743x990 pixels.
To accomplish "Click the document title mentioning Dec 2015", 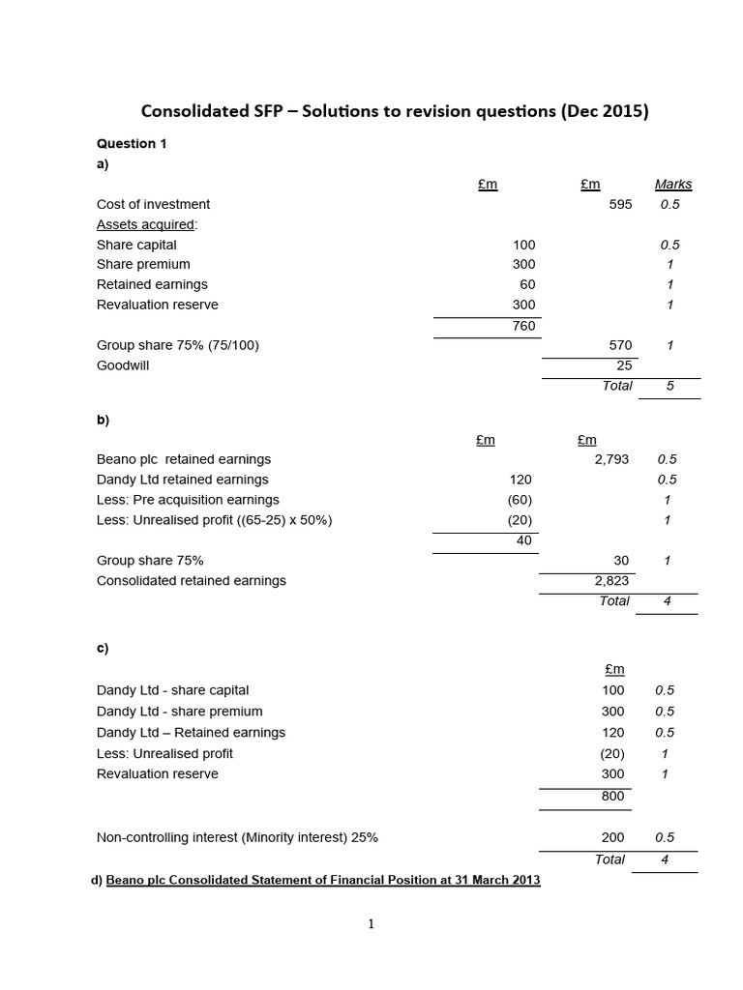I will [x=395, y=111].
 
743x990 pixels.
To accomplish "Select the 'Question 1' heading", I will [x=132, y=144].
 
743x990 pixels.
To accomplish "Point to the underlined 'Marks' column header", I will [x=673, y=184].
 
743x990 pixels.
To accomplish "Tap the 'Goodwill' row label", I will [x=123, y=365].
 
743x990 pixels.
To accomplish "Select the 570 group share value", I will [x=620, y=345].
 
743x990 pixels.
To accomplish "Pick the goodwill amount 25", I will [x=624, y=365].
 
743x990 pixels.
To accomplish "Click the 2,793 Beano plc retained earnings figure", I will [x=611, y=459].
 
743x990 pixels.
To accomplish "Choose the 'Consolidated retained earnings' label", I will [x=192, y=581].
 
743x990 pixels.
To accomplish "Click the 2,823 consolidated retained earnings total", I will [x=611, y=581].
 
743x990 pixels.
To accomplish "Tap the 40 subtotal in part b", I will [x=523, y=540].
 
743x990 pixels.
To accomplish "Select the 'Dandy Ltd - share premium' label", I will [x=180, y=712].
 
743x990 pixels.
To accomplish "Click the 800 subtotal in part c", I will [x=612, y=796].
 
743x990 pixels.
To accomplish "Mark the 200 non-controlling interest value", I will [x=612, y=838].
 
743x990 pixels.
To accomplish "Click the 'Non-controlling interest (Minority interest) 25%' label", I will [x=237, y=838].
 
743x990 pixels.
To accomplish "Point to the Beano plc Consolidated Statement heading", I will [x=322, y=880].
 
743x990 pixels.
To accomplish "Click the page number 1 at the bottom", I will [x=371, y=924].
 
